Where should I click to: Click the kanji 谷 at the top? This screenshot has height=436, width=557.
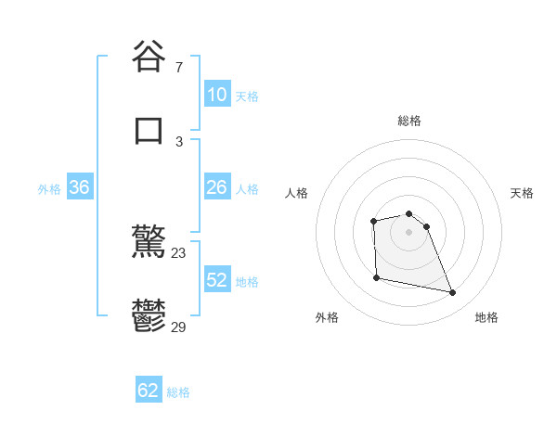[x=149, y=57]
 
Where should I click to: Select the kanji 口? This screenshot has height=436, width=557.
[x=149, y=129]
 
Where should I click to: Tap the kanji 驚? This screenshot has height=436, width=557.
[x=149, y=244]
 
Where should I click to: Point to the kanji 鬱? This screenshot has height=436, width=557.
[x=149, y=316]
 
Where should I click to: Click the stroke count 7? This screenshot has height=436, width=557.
[x=179, y=68]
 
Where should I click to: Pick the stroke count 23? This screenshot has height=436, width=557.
[x=179, y=253]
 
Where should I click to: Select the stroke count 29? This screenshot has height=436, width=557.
[x=179, y=326]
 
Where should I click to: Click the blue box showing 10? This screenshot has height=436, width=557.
[x=216, y=95]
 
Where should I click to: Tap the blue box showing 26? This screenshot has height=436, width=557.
[x=216, y=187]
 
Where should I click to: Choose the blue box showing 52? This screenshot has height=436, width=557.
[x=216, y=280]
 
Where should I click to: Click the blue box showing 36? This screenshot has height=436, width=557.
[x=79, y=187]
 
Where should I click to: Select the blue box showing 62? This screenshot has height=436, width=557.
[x=149, y=391]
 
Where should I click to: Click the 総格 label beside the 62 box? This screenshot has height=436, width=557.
[x=178, y=392]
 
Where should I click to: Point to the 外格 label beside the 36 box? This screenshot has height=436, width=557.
[x=49, y=189]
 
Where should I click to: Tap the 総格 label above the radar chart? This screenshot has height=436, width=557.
[x=409, y=121]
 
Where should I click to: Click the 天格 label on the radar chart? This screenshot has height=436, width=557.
[x=523, y=193]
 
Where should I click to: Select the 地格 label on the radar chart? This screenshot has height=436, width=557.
[x=486, y=318]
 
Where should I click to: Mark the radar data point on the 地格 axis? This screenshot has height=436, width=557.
[x=453, y=293]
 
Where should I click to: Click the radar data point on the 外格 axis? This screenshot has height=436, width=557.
[x=376, y=277]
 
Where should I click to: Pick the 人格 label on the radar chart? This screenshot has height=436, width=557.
[x=297, y=193]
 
